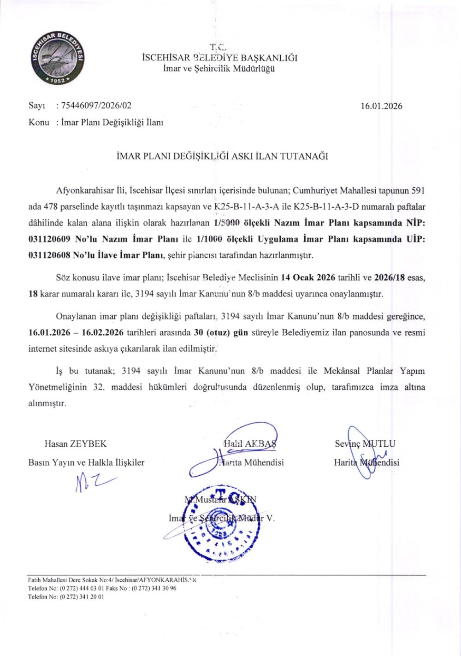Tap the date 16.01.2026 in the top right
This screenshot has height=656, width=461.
point(381,106)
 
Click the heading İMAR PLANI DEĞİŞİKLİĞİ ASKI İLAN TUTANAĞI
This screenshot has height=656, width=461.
point(223,156)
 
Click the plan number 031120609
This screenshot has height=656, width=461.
point(52,240)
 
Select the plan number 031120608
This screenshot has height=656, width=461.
point(52,254)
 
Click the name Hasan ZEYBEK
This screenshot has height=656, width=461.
point(75,444)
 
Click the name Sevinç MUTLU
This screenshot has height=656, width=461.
point(365,444)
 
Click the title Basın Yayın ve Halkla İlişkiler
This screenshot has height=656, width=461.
point(86,462)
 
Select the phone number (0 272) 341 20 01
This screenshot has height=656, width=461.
point(82,596)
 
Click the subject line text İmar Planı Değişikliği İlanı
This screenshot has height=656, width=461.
point(112,123)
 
